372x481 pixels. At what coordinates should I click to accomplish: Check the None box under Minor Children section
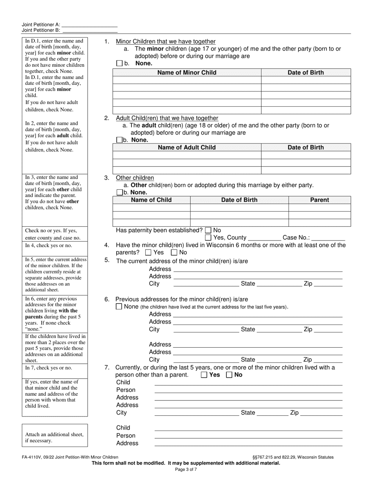click(119, 63)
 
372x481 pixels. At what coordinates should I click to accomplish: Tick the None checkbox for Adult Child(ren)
click(119, 140)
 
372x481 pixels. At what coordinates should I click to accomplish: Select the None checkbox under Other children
click(119, 192)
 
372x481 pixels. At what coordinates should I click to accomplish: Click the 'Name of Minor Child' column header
click(187, 72)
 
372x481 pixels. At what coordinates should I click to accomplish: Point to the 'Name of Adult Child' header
click(187, 147)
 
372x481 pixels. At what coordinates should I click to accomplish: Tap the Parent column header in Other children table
click(320, 200)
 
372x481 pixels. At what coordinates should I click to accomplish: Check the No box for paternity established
click(208, 230)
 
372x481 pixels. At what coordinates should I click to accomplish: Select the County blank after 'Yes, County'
click(264, 238)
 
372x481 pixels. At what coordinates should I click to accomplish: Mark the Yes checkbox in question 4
click(148, 253)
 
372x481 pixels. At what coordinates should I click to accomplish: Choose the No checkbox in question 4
click(174, 253)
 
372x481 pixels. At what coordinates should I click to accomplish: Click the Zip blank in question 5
click(328, 284)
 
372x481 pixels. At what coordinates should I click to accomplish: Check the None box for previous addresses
click(119, 307)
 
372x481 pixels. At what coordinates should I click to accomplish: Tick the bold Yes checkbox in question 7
click(204, 375)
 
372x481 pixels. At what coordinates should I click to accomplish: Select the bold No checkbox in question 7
click(229, 375)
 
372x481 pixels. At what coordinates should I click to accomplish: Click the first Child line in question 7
click(248, 383)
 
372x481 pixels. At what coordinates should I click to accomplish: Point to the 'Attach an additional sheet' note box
click(55, 435)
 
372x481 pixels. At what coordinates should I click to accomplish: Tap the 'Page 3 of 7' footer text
click(186, 469)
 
